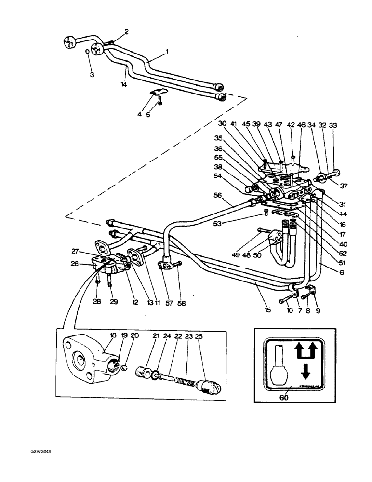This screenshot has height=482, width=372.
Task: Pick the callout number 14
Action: [124, 84]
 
